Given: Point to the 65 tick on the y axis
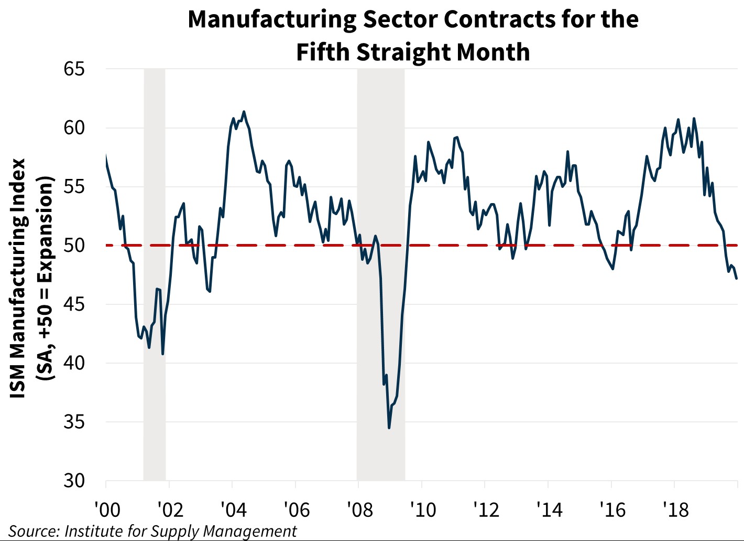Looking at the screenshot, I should point(74,69).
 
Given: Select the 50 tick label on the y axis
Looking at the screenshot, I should point(74,245).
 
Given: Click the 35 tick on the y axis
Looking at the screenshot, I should point(74,422).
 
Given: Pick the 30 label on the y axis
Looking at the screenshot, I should point(74,481).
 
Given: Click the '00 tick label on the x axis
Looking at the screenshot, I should point(107,509).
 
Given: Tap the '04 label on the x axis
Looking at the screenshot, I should point(233,509).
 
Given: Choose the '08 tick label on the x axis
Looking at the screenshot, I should point(359,509).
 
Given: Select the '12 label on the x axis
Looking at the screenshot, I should point(486,509).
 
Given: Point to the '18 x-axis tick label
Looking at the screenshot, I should point(676,509).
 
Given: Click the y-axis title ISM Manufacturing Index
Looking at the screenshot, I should point(19,278).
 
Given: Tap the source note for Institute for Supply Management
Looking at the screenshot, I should point(152,531).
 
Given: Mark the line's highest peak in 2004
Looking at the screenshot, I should point(244,111).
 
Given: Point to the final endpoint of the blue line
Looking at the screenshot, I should point(737,279).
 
